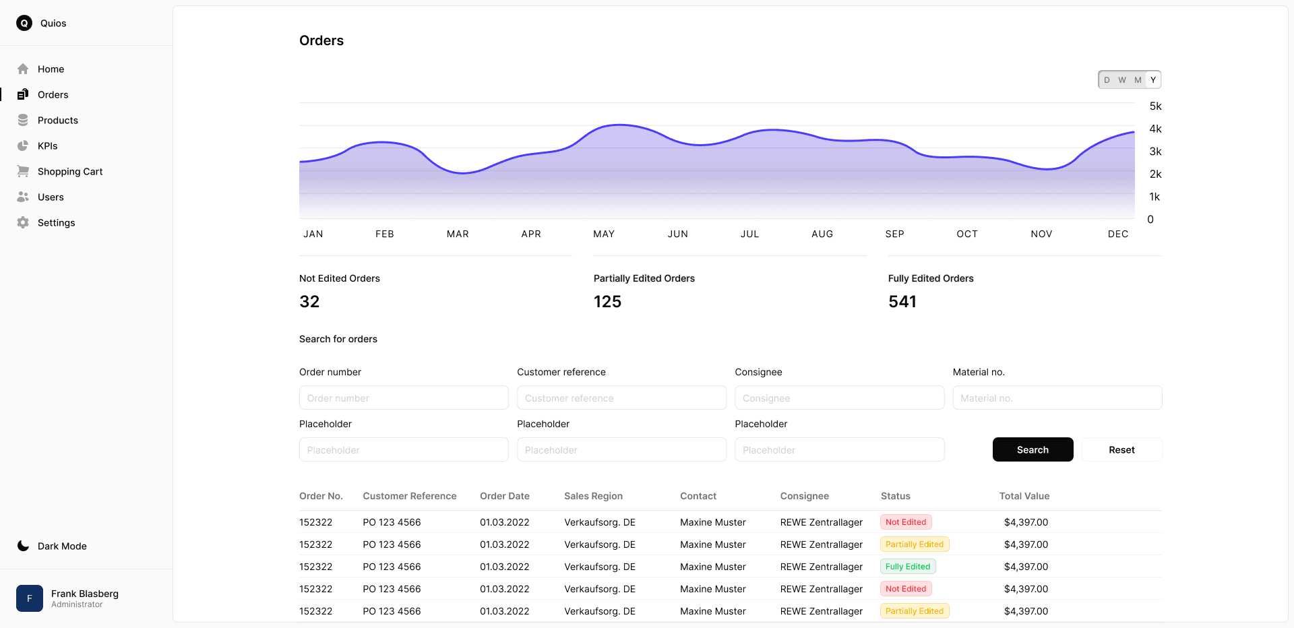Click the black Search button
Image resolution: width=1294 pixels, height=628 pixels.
[1033, 449]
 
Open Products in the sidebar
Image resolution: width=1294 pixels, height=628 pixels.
[57, 120]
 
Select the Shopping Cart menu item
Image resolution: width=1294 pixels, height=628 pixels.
[69, 171]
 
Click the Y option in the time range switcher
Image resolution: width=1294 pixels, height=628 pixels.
[1153, 80]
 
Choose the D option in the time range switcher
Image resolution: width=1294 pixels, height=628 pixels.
[1107, 80]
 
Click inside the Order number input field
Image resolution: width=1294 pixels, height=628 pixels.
[404, 398]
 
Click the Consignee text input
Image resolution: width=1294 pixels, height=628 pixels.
[839, 398]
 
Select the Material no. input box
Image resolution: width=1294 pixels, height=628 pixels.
[1057, 398]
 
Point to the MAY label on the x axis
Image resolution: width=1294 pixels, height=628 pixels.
[604, 234]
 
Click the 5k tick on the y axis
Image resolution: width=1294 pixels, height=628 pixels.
[1155, 106]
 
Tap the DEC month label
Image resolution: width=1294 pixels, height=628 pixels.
[1117, 234]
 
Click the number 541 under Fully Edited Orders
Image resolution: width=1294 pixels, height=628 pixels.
[902, 301]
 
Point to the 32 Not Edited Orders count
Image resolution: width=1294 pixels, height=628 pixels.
[309, 301]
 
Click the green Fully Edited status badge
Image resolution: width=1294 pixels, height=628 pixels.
[907, 567]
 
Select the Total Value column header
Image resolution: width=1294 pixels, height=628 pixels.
[1024, 496]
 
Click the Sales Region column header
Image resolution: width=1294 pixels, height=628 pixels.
[593, 496]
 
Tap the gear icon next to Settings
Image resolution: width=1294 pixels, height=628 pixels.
[23, 222]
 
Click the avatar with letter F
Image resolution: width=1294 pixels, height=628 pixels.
[30, 598]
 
